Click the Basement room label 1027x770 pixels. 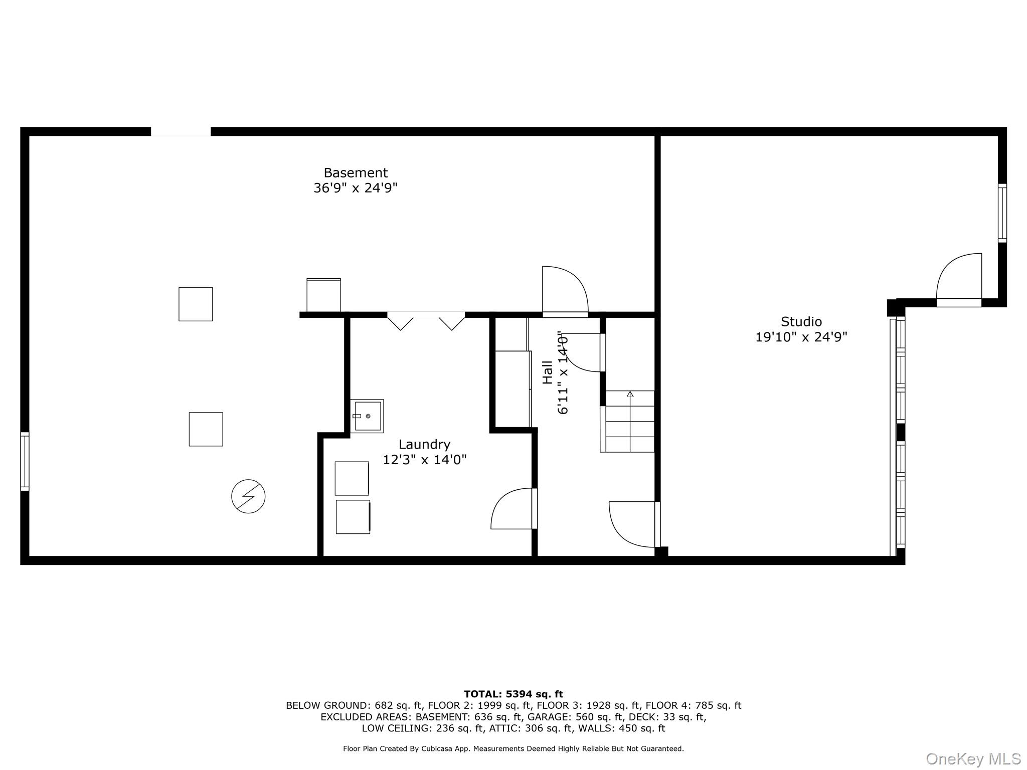[356, 173]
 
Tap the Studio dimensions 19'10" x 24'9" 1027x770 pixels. [801, 337]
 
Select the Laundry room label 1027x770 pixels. [424, 445]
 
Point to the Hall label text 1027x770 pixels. [548, 372]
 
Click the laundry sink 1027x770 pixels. [367, 416]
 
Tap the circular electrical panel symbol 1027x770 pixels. [248, 496]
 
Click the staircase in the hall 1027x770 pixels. [629, 422]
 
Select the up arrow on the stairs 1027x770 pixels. [630, 395]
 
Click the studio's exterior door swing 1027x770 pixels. [959, 278]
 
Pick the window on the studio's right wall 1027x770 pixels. [1002, 213]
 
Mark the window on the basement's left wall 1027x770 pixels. [25, 461]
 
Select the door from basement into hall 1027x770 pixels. [565, 291]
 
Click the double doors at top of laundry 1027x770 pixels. [426, 321]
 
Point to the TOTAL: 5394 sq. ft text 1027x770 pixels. [513, 694]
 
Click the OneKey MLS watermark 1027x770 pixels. [973, 759]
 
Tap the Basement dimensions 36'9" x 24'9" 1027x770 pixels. [356, 188]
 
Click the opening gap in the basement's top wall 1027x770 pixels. [181, 132]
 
